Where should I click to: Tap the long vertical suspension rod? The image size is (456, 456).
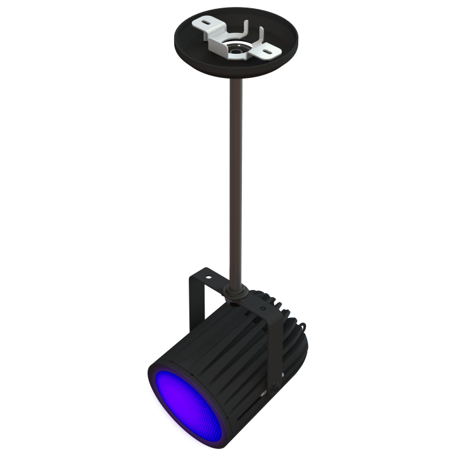[236, 177]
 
